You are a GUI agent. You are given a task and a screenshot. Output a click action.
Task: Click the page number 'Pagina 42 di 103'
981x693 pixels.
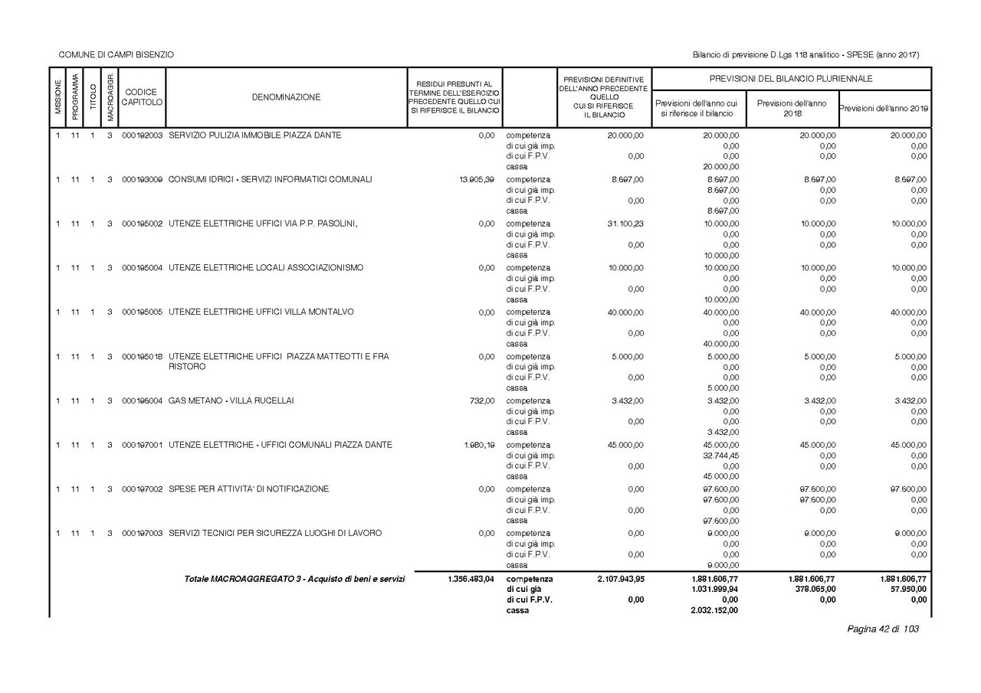pos(882,629)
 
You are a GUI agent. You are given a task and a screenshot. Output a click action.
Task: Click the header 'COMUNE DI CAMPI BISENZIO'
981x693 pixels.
pos(116,55)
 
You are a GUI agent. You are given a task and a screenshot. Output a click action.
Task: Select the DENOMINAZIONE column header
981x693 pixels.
pos(286,97)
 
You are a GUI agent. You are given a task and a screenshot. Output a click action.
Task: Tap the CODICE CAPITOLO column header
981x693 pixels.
pos(141,97)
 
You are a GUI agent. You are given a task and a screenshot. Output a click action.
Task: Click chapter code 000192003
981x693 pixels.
pos(142,136)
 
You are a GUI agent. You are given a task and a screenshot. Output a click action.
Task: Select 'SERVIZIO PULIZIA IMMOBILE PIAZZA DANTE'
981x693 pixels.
pos(255,136)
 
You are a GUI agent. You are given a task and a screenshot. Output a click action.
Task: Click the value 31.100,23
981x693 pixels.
pos(622,224)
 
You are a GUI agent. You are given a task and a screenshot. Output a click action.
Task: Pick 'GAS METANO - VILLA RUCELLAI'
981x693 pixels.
pos(231,400)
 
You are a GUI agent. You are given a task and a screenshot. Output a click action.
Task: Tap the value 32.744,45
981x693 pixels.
pos(720,456)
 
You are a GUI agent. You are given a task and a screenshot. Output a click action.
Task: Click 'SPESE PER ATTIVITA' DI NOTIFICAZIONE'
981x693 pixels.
pos(249,489)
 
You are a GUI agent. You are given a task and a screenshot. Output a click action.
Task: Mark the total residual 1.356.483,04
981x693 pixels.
pos(471,579)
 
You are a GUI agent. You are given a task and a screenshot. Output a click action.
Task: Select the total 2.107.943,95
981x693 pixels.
pos(620,579)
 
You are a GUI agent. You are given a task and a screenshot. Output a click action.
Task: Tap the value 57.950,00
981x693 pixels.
pos(907,590)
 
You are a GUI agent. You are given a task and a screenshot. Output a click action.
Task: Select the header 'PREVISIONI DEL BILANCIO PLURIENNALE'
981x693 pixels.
pos(791,79)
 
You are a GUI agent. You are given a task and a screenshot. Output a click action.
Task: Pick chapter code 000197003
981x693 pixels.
pos(142,533)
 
